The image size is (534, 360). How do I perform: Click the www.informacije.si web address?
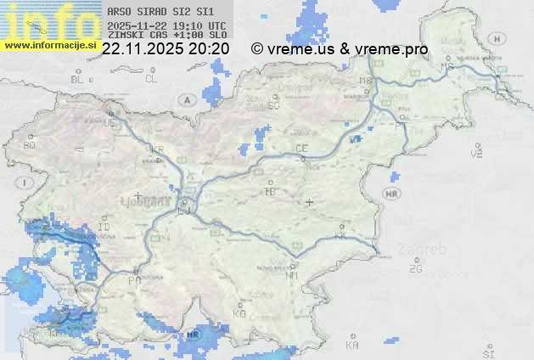(x=49, y=44)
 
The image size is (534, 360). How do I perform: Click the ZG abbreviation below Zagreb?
(x=415, y=269)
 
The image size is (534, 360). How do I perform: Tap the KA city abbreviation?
(x=352, y=346)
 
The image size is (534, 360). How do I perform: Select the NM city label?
(x=293, y=275)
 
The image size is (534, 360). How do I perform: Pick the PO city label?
(x=134, y=280)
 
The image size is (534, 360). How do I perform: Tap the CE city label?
(x=301, y=149)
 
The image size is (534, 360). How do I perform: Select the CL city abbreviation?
(x=151, y=79)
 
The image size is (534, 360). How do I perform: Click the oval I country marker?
(x=26, y=183)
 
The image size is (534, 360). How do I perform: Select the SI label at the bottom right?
(x=487, y=352)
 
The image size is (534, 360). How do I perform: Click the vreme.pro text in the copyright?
(x=394, y=49)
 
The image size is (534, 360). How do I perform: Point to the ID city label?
(x=104, y=228)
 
